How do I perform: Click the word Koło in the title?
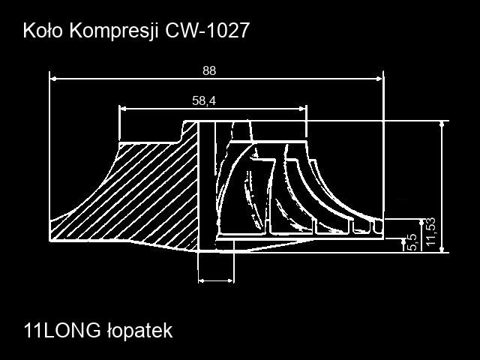point(43,30)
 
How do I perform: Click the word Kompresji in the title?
point(114,31)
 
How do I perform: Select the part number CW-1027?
point(207,30)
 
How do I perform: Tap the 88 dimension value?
point(209,70)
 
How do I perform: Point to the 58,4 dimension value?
point(204,100)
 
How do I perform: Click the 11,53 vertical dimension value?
point(430,232)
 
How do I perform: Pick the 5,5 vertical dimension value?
point(413,242)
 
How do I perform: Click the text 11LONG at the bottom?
point(62,331)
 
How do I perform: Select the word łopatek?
point(140,331)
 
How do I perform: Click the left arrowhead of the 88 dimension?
point(53,79)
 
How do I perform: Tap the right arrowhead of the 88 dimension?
point(379,79)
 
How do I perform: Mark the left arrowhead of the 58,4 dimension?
point(122,108)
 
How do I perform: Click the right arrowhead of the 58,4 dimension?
point(302,108)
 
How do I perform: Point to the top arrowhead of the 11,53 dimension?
point(442,124)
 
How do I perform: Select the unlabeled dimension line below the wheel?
point(216,280)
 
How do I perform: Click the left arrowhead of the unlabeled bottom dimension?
point(202,280)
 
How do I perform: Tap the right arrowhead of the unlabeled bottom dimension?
point(231,280)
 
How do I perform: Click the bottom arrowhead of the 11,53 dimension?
point(442,250)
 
